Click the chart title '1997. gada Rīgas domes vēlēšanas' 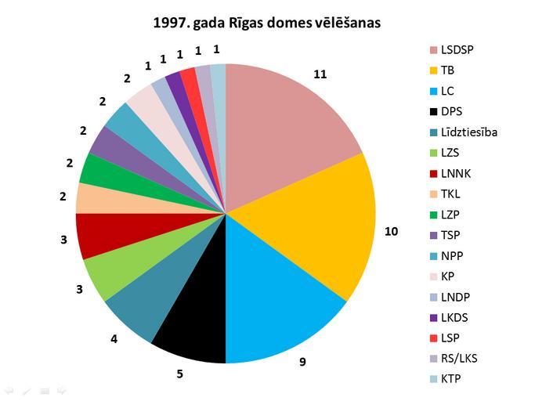point(267,23)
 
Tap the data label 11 point(320,74)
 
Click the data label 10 point(390,231)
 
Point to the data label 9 point(302,363)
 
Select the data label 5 point(179,374)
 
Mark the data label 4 point(115,339)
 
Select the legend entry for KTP point(450,379)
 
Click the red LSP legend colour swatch point(433,338)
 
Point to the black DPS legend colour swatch point(433,111)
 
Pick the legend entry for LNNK point(455,173)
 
